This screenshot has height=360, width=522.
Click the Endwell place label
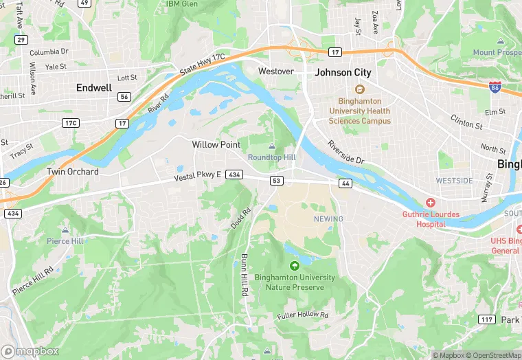[94, 88]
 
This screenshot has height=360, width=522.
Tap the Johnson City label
[343, 72]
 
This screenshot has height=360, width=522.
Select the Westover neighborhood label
[275, 71]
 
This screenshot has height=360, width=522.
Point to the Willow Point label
[216, 145]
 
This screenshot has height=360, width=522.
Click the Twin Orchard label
[72, 172]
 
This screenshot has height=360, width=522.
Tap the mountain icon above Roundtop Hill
[271, 146]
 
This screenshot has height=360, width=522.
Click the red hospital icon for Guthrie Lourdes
[431, 203]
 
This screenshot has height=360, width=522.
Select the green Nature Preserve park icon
[295, 266]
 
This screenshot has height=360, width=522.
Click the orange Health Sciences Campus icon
[359, 89]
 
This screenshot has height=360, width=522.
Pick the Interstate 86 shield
[495, 87]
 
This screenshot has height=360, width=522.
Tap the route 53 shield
[277, 181]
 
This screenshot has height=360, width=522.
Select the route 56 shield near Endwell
[124, 97]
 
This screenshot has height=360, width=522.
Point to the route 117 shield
[487, 319]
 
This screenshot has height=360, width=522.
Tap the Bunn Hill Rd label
[244, 274]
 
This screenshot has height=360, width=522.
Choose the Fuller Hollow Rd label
[303, 315]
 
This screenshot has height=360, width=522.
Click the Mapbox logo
[31, 350]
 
